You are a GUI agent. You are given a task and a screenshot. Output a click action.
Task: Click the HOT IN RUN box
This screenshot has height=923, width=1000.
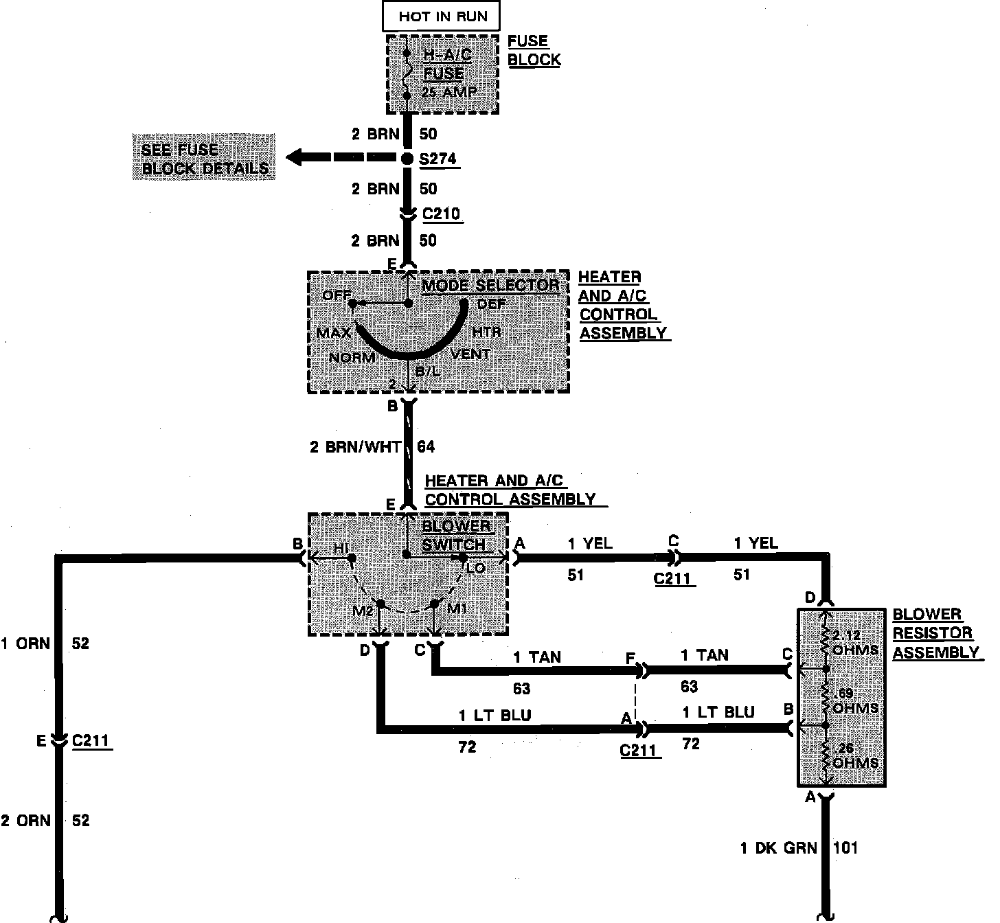click(x=442, y=16)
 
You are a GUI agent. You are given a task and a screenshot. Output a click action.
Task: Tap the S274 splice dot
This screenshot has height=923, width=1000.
click(x=407, y=159)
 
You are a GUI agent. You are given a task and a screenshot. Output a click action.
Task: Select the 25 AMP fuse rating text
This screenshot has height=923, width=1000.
click(x=449, y=91)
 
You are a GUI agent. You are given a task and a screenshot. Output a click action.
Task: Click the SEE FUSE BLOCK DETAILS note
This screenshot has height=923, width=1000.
click(x=204, y=159)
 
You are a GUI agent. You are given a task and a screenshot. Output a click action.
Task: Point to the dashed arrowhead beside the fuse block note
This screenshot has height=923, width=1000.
click(x=296, y=158)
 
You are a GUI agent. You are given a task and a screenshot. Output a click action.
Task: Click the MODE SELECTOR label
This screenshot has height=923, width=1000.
click(x=490, y=285)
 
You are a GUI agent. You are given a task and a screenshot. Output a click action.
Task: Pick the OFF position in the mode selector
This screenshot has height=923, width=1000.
click(x=337, y=295)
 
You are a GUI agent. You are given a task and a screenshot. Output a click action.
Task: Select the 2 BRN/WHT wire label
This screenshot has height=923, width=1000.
click(x=355, y=447)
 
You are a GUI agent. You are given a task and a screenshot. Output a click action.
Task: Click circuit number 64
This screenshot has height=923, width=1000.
click(x=427, y=447)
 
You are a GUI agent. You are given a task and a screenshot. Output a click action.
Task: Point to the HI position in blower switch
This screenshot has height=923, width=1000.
click(x=341, y=548)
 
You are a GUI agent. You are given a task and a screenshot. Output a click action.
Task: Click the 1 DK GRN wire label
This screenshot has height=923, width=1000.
click(x=778, y=848)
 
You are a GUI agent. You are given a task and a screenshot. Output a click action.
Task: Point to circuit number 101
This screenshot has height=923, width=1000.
click(x=845, y=848)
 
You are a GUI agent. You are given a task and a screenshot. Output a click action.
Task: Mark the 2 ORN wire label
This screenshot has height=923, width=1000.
click(x=25, y=821)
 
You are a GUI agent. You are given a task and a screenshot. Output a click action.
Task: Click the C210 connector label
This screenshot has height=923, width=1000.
click(x=441, y=214)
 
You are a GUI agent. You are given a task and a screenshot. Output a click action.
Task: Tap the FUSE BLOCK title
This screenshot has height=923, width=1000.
click(x=534, y=51)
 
